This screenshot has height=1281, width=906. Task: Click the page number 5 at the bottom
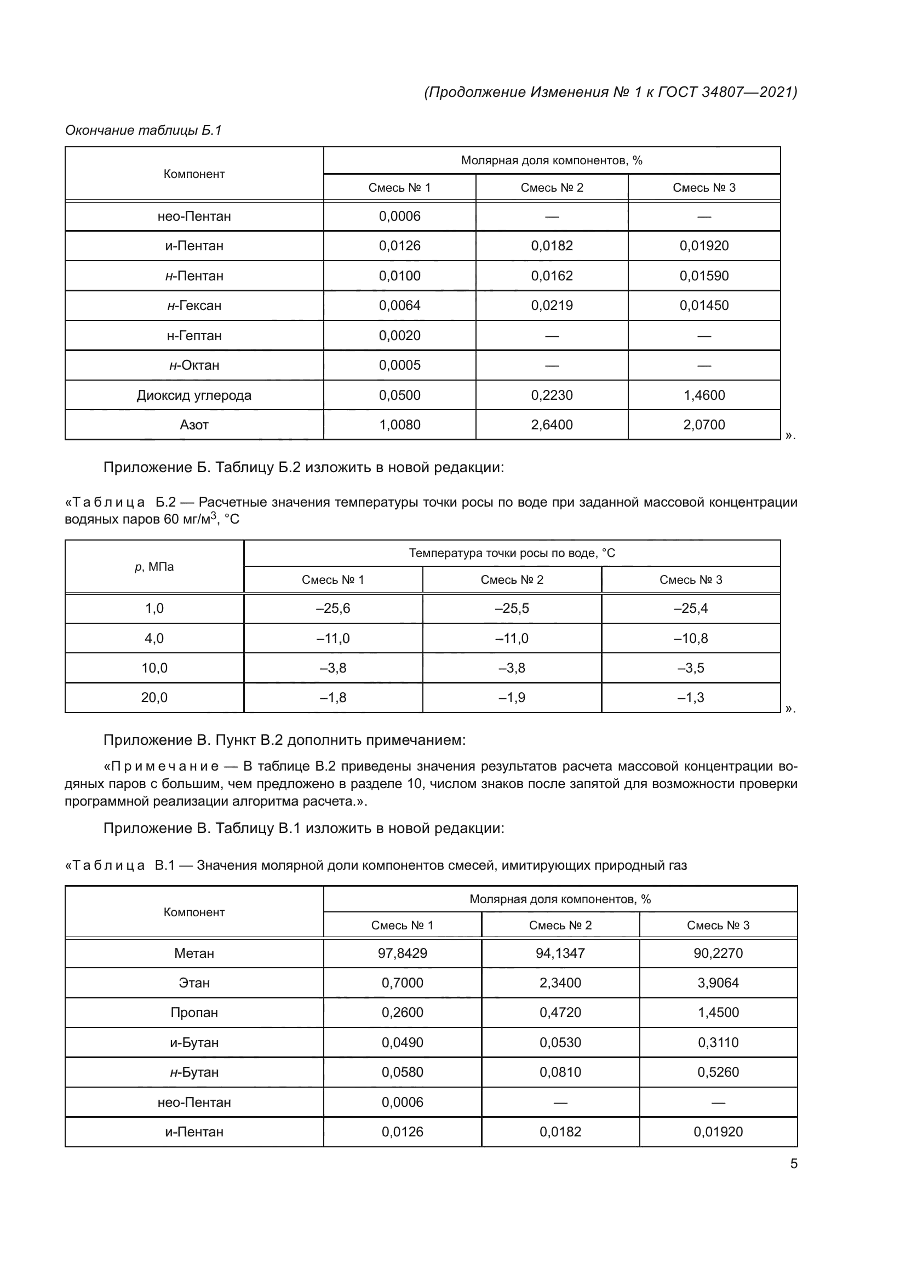(x=793, y=1163)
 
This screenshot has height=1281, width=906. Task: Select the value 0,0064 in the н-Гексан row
(x=399, y=306)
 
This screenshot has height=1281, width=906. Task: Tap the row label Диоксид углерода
(x=193, y=395)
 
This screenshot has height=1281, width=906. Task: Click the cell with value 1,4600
(x=703, y=395)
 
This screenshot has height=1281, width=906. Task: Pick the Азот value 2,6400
(x=551, y=425)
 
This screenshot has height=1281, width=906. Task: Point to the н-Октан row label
(x=193, y=365)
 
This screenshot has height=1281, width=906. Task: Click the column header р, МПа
(x=154, y=567)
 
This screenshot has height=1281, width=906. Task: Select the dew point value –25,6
(x=332, y=608)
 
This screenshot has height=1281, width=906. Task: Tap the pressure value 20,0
(x=154, y=698)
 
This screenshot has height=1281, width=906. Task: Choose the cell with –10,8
(x=690, y=639)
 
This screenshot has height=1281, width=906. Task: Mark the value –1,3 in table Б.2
(x=690, y=698)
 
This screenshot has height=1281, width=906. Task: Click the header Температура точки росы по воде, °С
(x=512, y=554)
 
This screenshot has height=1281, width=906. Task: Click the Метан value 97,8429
(x=402, y=953)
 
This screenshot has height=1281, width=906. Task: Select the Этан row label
(x=193, y=983)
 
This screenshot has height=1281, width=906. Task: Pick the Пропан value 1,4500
(x=718, y=1013)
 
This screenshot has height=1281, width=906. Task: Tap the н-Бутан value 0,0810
(x=560, y=1072)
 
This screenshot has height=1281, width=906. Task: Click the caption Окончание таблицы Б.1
(x=144, y=130)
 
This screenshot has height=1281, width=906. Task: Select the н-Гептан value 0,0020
(x=399, y=336)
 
